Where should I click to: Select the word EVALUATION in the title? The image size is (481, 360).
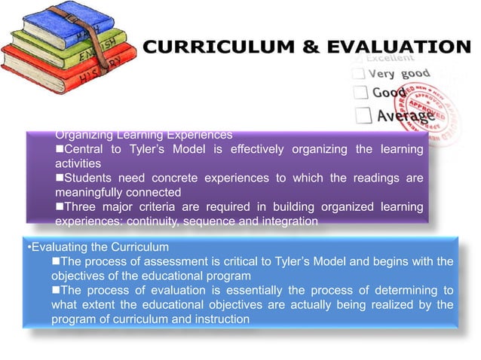coord(390,47)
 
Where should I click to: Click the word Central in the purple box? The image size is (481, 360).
coord(85,149)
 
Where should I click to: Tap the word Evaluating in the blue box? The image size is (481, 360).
coord(60,247)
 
